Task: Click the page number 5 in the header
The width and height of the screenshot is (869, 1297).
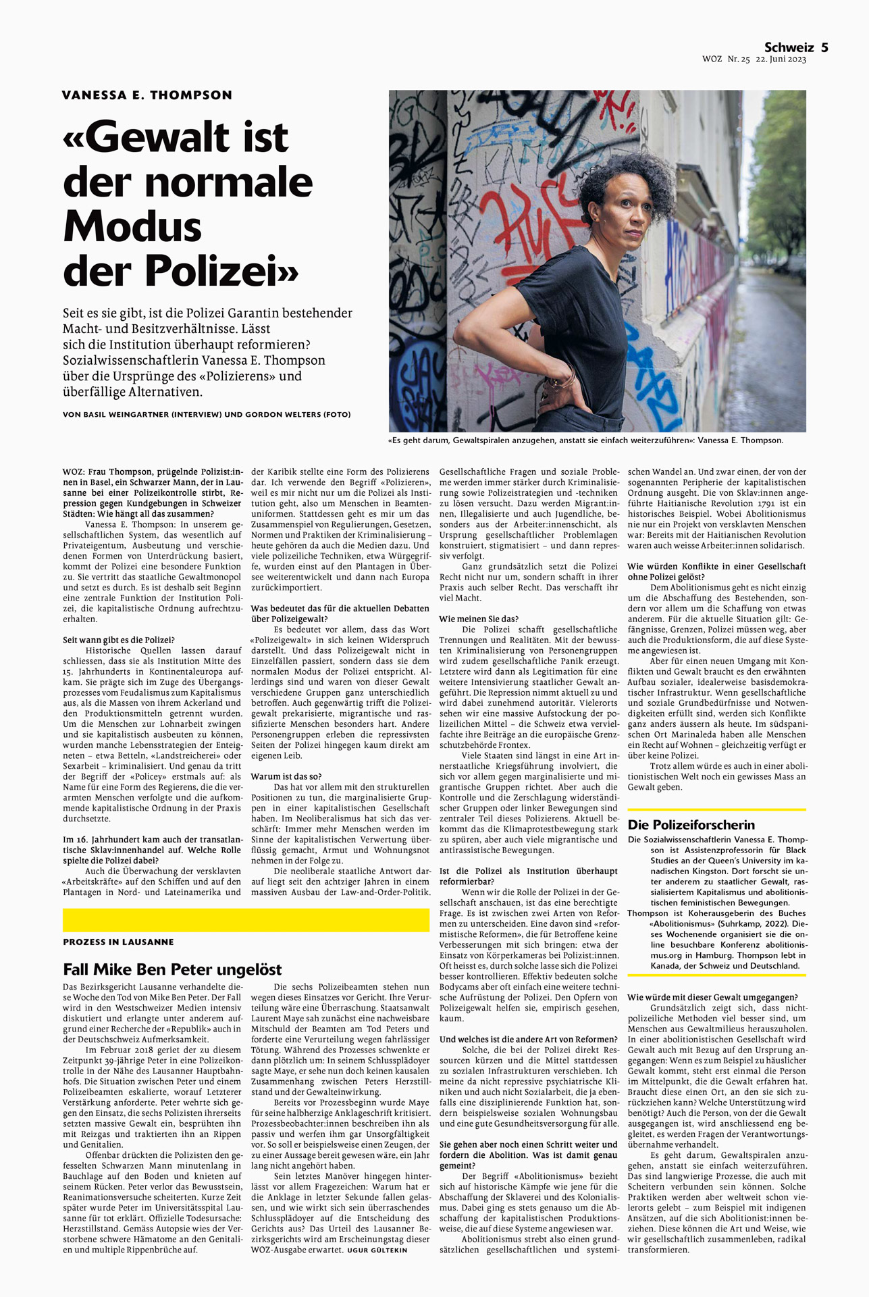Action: click(824, 47)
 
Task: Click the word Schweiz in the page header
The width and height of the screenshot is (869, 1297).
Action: click(789, 47)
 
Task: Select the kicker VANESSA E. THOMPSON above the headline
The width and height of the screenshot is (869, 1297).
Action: click(147, 95)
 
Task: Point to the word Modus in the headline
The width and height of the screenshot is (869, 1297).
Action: click(132, 226)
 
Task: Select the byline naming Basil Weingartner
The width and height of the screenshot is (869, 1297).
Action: click(206, 414)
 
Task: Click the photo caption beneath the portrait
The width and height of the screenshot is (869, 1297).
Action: click(585, 440)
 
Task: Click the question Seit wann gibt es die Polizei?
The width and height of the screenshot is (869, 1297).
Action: click(119, 640)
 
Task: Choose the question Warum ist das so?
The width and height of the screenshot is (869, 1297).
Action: click(286, 776)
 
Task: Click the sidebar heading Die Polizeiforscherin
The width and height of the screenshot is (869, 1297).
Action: click(691, 825)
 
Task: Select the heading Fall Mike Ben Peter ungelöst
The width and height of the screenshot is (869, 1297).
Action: click(172, 969)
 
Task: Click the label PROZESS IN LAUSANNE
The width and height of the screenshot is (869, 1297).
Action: click(118, 942)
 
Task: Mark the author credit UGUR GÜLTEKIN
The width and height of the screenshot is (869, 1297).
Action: click(377, 1250)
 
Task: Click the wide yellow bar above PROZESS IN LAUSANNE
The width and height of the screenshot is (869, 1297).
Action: click(246, 920)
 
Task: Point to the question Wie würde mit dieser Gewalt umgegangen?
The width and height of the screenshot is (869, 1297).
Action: click(712, 997)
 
